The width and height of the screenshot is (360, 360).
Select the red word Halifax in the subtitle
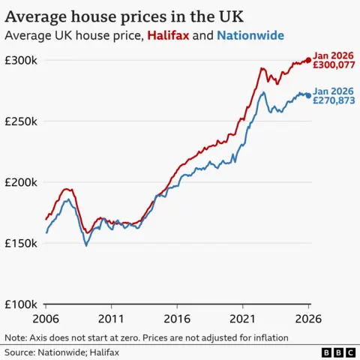169,35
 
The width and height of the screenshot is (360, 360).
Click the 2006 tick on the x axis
46,319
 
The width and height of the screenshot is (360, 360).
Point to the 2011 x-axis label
111,319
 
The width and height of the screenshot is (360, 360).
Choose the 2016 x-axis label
177,319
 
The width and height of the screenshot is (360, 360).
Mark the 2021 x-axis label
242,319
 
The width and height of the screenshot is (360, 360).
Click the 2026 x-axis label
308,319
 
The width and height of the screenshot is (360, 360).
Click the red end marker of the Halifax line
308,60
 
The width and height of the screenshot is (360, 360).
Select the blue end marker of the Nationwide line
308,95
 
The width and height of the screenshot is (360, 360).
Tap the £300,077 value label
333,65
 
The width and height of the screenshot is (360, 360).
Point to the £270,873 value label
333,100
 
